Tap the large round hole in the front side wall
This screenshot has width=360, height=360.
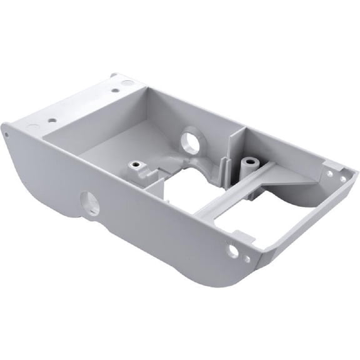coord(89,202)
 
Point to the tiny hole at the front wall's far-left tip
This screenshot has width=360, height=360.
coord(7,133)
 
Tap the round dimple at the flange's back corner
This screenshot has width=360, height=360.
coord(127,82)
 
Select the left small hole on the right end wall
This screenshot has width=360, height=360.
coord(329,174)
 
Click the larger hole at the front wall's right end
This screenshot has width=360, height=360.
coord(232,251)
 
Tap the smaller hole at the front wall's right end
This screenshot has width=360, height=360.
coord(247,258)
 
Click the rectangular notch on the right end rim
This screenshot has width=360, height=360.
coord(341,167)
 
